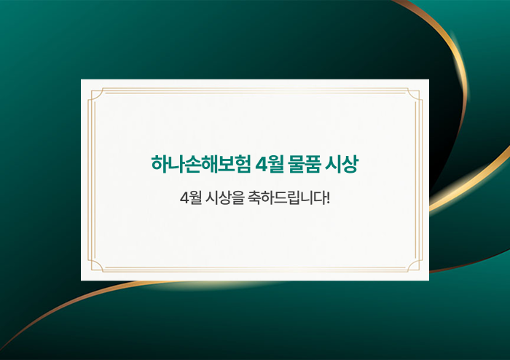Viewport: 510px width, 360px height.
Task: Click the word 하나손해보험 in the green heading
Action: pyautogui.click(x=200, y=164)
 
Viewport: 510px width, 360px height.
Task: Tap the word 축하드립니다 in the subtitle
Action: pyautogui.click(x=286, y=197)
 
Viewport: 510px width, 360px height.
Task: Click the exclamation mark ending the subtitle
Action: pyautogui.click(x=328, y=197)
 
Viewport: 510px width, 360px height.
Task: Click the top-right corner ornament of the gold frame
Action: pyautogui.click(x=415, y=95)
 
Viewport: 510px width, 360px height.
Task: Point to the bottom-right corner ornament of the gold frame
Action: pyautogui.click(x=415, y=265)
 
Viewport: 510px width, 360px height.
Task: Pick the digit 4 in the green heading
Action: pyautogui.click(x=261, y=164)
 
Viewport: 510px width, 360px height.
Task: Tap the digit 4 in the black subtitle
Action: pyautogui.click(x=184, y=198)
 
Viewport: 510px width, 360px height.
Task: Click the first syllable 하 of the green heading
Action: pyautogui.click(x=160, y=164)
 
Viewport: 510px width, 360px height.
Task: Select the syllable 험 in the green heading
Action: pyautogui.click(x=243, y=164)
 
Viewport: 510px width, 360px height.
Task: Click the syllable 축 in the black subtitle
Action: pyautogui.click(x=254, y=197)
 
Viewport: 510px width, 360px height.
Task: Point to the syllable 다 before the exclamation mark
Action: pyautogui.click(x=318, y=197)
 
